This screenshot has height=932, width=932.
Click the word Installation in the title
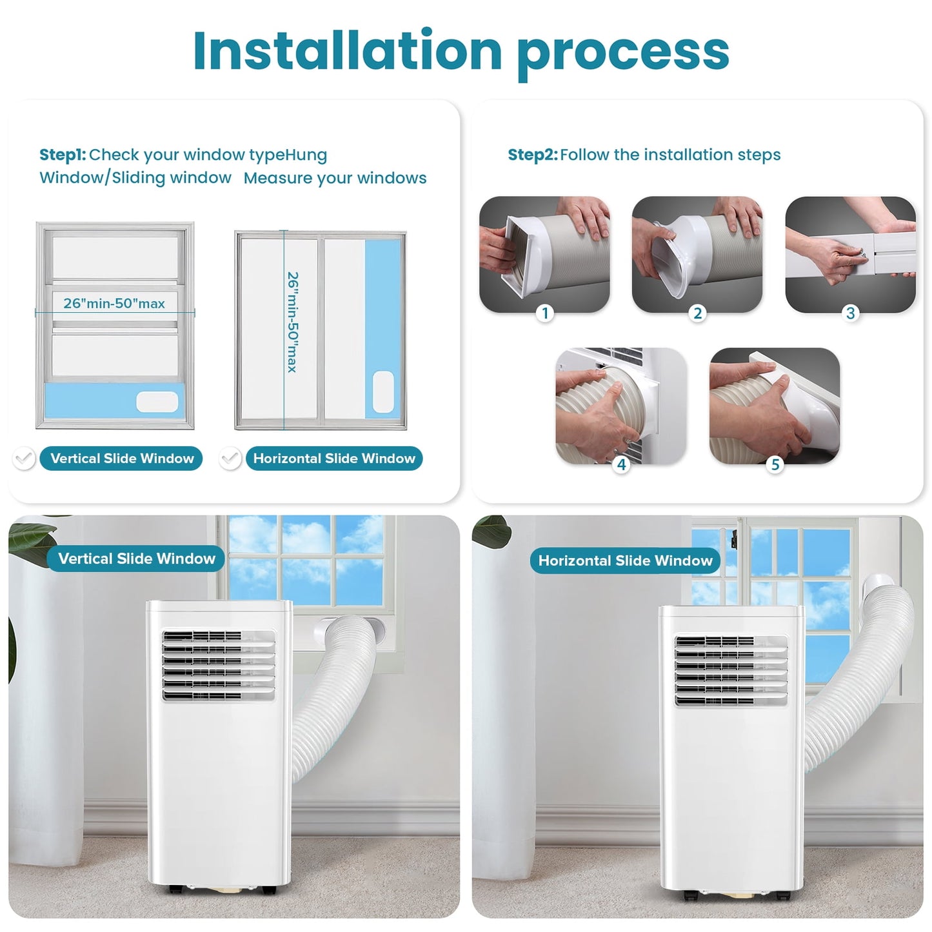click(x=347, y=50)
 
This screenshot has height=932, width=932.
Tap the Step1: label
click(x=63, y=155)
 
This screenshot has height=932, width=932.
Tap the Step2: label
click(x=532, y=155)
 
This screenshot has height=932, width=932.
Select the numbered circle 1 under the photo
click(x=545, y=313)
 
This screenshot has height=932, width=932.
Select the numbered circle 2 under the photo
click(x=697, y=313)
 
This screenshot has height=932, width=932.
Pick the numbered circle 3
click(x=851, y=313)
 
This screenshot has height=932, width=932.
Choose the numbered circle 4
click(x=621, y=464)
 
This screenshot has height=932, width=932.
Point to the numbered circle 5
click(x=775, y=464)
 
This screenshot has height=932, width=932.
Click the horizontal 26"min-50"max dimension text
click(x=114, y=303)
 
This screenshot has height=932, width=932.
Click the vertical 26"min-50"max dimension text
click(x=293, y=322)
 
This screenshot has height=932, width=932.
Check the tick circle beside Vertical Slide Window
click(x=24, y=459)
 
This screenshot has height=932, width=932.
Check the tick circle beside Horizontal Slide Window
click(x=230, y=459)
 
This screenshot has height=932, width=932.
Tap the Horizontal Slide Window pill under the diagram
click(x=334, y=459)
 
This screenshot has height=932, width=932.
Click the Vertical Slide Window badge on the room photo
click(x=136, y=559)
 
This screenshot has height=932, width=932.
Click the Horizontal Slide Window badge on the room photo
click(x=625, y=560)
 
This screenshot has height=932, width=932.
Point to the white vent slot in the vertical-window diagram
click(x=157, y=402)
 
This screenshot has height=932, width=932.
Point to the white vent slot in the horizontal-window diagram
click(x=383, y=392)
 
